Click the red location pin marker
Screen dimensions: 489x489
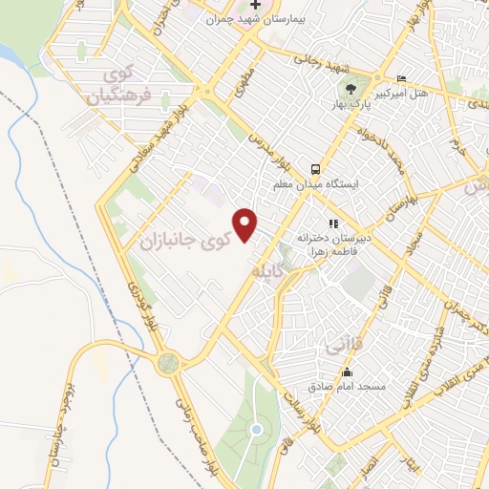247,223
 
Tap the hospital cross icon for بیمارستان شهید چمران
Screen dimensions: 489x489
256,5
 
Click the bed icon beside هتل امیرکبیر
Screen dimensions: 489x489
401,79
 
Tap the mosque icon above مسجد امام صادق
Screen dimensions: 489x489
347,372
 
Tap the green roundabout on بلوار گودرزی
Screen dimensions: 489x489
170,362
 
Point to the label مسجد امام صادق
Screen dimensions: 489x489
346,387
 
